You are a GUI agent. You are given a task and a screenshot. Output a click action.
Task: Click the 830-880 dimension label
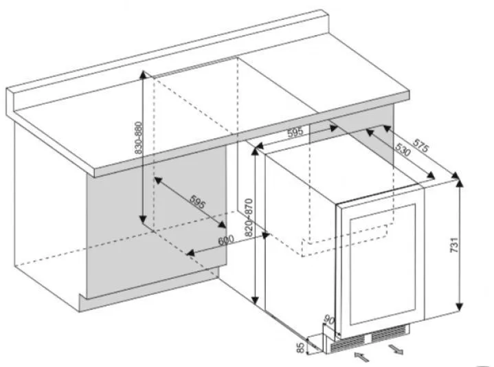pyautogui.click(x=138, y=137)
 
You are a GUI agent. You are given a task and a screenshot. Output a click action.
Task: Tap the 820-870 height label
pyautogui.click(x=249, y=217)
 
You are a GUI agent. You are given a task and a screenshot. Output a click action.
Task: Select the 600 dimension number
pyautogui.click(x=226, y=241)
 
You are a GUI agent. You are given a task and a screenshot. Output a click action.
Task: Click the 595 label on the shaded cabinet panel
pyautogui.click(x=198, y=201)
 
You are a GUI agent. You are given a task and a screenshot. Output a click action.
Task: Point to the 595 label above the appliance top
pyautogui.click(x=295, y=133)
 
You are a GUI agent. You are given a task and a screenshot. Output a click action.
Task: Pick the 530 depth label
pyautogui.click(x=403, y=150)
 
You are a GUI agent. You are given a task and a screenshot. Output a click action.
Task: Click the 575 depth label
pyautogui.click(x=421, y=145)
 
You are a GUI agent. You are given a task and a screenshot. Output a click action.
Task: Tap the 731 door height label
pyautogui.click(x=454, y=245)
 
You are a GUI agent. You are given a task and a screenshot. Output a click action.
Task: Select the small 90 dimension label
pyautogui.click(x=329, y=321)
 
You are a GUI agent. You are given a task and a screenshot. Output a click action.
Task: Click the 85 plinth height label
pyautogui.click(x=301, y=348)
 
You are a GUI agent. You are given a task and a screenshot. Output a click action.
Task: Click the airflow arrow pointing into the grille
pyautogui.click(x=361, y=356)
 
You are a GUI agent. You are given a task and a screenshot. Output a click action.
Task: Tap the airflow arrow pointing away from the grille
pyautogui.click(x=395, y=349)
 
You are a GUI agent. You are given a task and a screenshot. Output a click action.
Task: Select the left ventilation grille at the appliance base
pyautogui.click(x=348, y=343)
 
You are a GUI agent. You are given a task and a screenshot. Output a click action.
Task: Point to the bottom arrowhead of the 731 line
pyautogui.click(x=460, y=307)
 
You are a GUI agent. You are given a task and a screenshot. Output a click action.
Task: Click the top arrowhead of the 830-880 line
pyautogui.click(x=143, y=74)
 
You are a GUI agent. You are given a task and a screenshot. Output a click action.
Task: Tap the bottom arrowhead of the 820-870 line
pyautogui.click(x=256, y=300)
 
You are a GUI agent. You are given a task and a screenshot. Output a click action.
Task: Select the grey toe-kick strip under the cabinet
pyautogui.click(x=148, y=290)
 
